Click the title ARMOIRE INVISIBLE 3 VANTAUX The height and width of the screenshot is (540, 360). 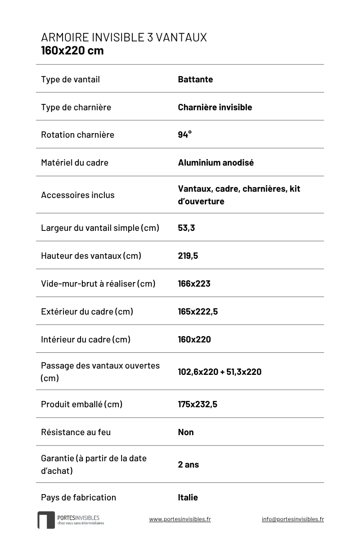[x=124, y=37]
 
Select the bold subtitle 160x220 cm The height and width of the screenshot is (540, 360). [x=72, y=50]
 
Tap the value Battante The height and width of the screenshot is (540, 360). [x=195, y=80]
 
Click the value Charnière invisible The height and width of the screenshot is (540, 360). [x=215, y=107]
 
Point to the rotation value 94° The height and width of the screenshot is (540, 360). [x=184, y=135]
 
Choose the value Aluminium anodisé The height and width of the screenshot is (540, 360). [x=216, y=162]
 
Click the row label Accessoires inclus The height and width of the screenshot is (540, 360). [x=77, y=195]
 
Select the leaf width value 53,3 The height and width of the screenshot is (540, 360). [x=186, y=228]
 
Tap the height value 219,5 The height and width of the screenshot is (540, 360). [x=188, y=256]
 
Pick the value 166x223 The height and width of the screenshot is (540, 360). [x=194, y=283]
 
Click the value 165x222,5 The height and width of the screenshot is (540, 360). [x=198, y=311]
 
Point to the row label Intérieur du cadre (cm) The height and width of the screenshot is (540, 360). [x=85, y=339]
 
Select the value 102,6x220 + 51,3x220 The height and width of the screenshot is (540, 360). [x=219, y=372]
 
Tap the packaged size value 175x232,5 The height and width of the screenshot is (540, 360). [x=197, y=404]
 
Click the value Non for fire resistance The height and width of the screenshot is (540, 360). [x=185, y=432]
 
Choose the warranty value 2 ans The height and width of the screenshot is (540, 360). [x=188, y=464]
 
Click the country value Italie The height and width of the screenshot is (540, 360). [x=188, y=497]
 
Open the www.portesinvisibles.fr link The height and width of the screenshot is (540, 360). [x=180, y=519]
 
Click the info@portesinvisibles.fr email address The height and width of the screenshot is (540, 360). [x=292, y=519]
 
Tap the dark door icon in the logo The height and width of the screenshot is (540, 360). [x=46, y=520]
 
